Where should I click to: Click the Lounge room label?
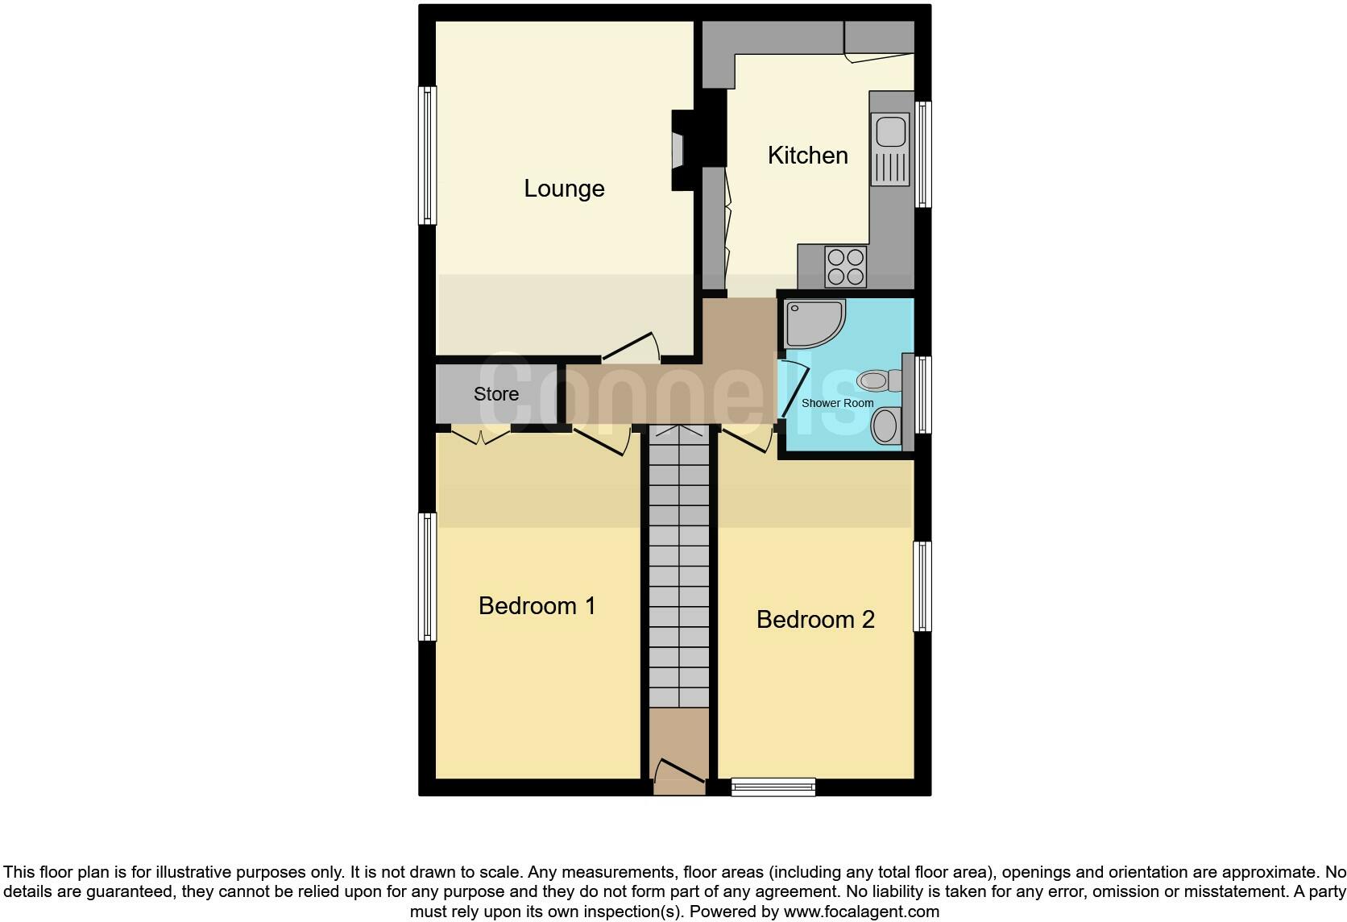click(564, 189)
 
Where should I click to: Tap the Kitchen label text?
click(807, 156)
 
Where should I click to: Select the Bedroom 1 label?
click(537, 606)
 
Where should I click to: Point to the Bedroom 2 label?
click(815, 620)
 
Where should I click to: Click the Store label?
click(495, 394)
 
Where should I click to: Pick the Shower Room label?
click(837, 403)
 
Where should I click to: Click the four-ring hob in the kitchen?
click(845, 267)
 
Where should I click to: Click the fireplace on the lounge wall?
click(679, 151)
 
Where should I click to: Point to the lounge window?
click(428, 155)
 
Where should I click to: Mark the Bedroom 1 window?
click(428, 576)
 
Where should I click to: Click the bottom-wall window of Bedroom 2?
click(773, 787)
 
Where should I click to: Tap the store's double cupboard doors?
click(481, 436)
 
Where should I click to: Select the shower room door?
click(794, 391)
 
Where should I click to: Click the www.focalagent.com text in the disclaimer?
click(861, 912)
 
